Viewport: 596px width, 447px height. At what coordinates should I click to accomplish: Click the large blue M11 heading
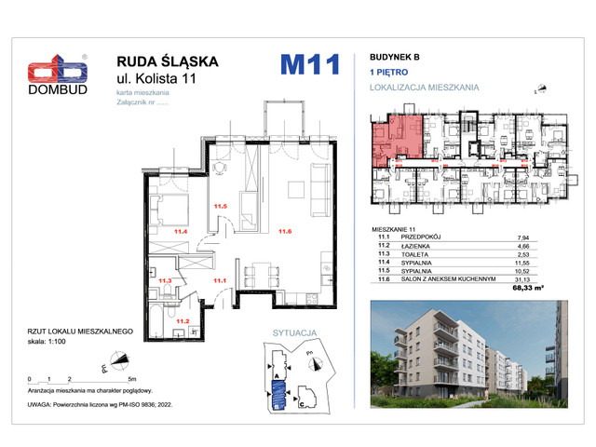click(x=307, y=65)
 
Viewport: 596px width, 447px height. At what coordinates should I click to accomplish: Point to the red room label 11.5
click(x=221, y=207)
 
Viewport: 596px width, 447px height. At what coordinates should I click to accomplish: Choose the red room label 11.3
click(x=164, y=279)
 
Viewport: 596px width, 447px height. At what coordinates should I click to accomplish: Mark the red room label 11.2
click(x=183, y=321)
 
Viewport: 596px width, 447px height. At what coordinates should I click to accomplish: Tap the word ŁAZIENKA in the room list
click(x=418, y=246)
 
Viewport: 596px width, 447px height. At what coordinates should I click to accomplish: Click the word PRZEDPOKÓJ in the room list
click(x=423, y=237)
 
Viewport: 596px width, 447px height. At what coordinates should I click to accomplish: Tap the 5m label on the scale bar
click(x=133, y=380)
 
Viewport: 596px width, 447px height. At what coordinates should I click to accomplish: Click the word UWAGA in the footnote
click(x=44, y=405)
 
